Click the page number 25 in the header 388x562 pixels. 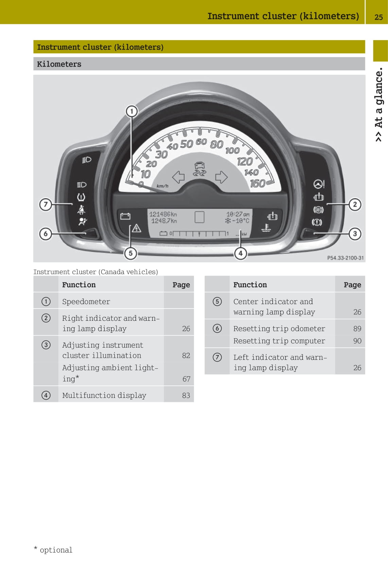[x=378, y=17]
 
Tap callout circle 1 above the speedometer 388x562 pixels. [x=131, y=111]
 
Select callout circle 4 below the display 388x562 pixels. [x=241, y=253]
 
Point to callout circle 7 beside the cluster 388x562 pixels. [x=46, y=205]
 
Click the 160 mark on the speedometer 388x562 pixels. [x=257, y=183]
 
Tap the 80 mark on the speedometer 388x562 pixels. [x=216, y=144]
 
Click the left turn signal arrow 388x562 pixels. [x=178, y=177]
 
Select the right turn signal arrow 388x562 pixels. [x=221, y=177]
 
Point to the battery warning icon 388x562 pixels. [x=125, y=216]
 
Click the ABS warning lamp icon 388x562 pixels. [x=318, y=210]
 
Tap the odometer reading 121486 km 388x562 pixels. [x=163, y=214]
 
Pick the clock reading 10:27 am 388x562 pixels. [x=238, y=214]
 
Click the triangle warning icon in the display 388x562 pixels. [x=136, y=228]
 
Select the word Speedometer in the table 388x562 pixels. [x=86, y=302]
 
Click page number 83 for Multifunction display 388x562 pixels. [x=186, y=396]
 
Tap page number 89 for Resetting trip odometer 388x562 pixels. [x=357, y=329]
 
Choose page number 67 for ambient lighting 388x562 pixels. [x=186, y=379]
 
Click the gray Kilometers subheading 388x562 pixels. [x=59, y=64]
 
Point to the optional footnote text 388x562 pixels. [x=53, y=550]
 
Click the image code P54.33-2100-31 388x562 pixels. [x=345, y=258]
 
